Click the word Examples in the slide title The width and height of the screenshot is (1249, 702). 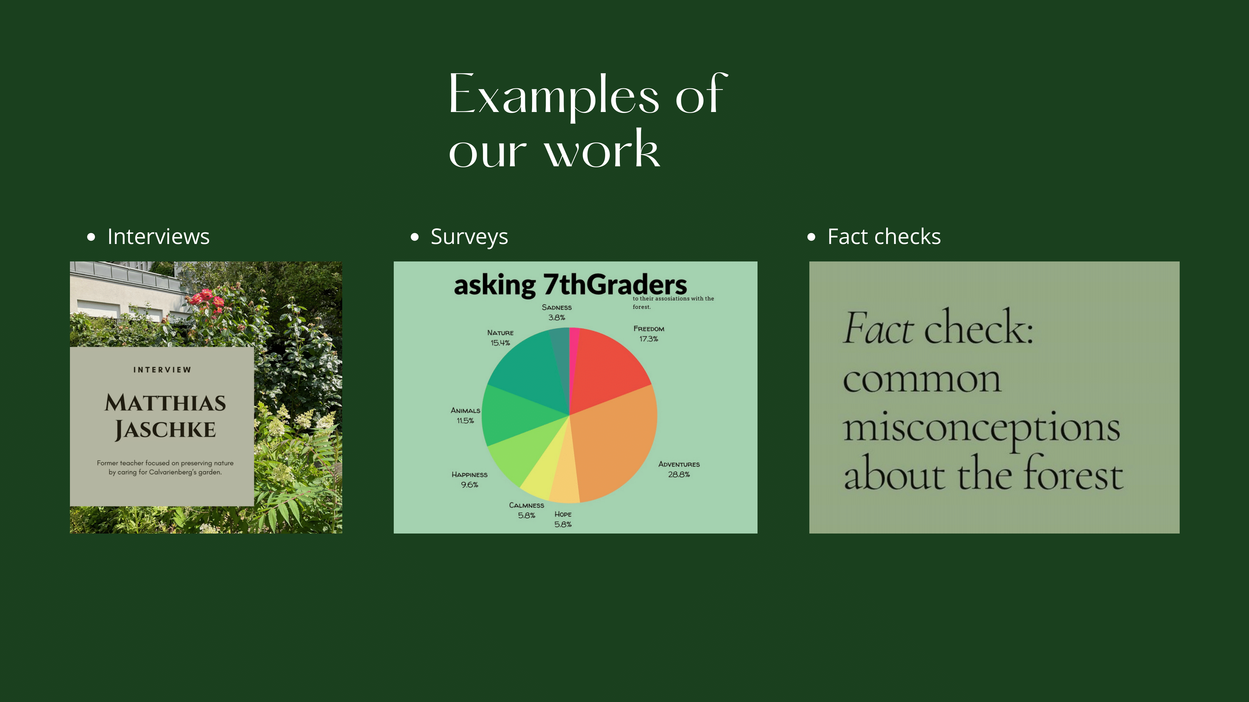coord(554,96)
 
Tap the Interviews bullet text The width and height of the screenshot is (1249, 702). coord(159,236)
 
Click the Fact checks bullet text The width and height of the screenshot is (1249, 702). coord(884,236)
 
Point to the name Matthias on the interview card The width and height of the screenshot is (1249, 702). coord(165,402)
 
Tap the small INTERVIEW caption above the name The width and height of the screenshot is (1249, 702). coord(162,370)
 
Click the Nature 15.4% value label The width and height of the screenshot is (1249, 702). coord(500,343)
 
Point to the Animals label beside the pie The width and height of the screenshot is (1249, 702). coord(466,410)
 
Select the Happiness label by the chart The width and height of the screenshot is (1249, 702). coord(469,475)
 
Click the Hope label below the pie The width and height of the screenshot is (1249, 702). coord(563,514)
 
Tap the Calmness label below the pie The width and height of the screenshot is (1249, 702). coord(526,505)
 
